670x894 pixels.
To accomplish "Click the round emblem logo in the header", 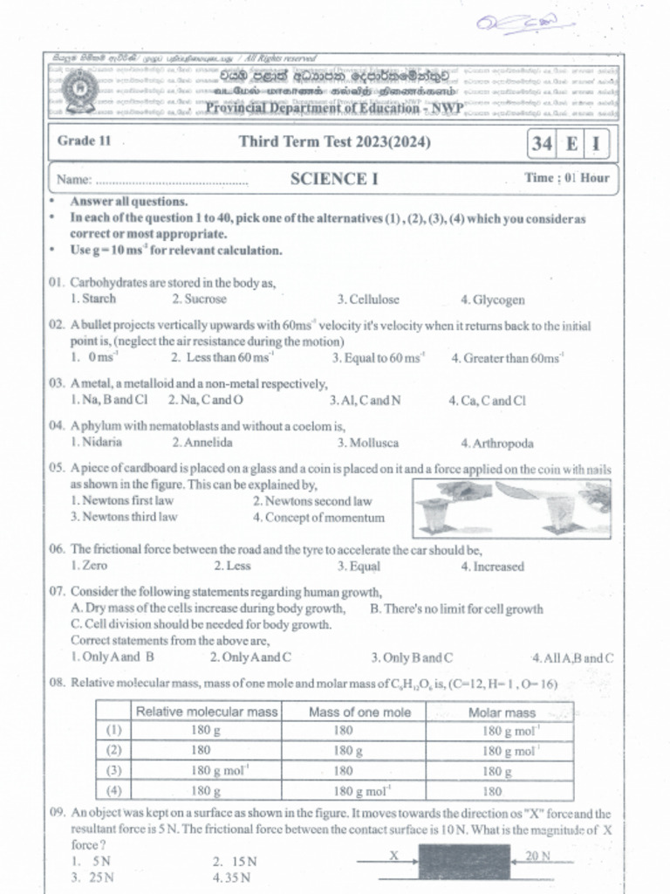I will click(x=79, y=90).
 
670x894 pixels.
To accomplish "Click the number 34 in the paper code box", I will click(x=542, y=144).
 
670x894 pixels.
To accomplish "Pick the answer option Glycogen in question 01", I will click(x=494, y=300).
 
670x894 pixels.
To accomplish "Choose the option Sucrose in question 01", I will click(x=200, y=299).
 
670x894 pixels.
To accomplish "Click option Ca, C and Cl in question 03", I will click(x=488, y=402).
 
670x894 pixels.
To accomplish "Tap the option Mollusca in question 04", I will click(x=368, y=444).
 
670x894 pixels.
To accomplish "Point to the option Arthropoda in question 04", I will click(x=497, y=444).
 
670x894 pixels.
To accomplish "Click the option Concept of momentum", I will click(x=319, y=518).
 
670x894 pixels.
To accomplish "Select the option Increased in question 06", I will click(x=493, y=567).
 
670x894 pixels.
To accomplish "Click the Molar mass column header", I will click(x=502, y=712).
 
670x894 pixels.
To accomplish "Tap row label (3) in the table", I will click(x=113, y=770).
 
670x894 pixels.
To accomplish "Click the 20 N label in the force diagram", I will click(x=537, y=856).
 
